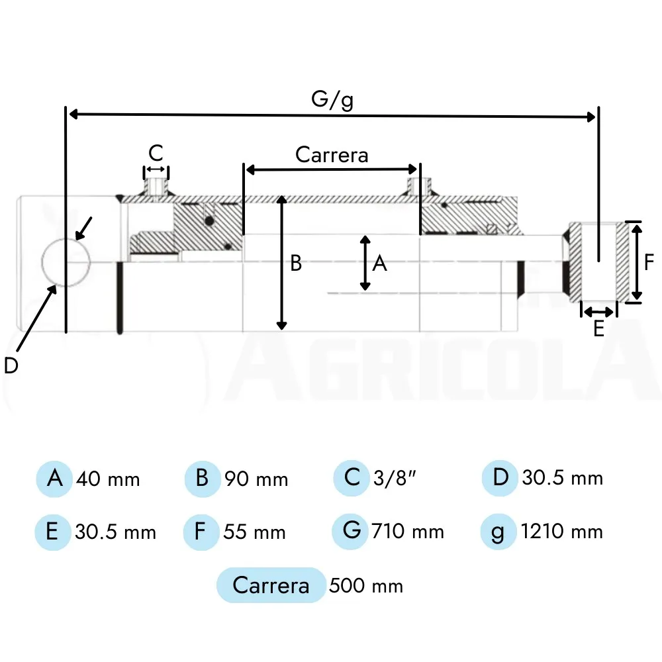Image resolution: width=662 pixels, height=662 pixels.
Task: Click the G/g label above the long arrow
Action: [332, 100]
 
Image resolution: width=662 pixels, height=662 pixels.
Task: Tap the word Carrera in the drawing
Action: [332, 154]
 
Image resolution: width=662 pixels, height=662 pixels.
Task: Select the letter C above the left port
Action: [156, 153]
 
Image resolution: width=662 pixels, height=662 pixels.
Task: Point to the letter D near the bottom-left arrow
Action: [11, 365]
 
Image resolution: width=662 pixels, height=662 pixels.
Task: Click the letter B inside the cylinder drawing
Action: [296, 263]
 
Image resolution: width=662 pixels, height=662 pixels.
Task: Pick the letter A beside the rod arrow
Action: [379, 263]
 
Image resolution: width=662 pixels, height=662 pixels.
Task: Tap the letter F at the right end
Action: [649, 261]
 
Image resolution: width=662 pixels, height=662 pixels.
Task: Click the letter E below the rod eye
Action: [598, 328]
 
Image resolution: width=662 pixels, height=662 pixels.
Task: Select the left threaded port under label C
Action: [156, 188]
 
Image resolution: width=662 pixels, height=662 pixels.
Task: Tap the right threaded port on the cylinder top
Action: [419, 187]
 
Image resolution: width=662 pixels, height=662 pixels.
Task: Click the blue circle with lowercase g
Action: [498, 532]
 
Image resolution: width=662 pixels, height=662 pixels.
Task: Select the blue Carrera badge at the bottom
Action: [271, 585]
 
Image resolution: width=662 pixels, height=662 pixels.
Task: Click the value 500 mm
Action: [366, 586]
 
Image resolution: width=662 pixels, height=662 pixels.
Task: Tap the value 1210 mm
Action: [562, 532]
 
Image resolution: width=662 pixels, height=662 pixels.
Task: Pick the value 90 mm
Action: [256, 479]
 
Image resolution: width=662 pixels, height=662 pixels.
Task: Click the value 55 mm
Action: [255, 532]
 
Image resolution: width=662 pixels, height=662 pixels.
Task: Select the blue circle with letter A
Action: [54, 479]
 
